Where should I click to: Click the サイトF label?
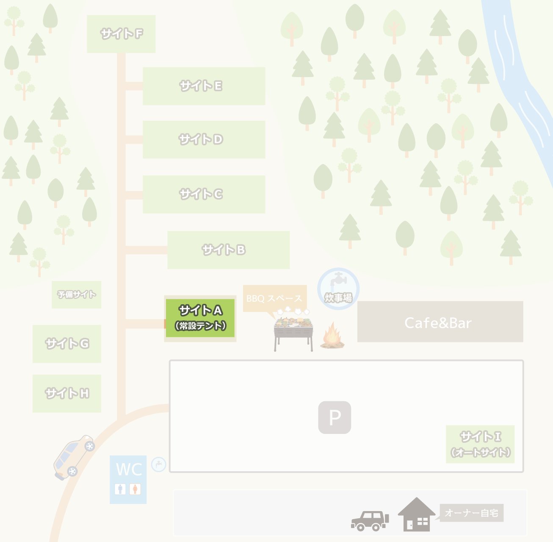[x=122, y=33]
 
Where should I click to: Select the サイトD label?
[x=201, y=139]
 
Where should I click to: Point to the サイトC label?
[x=201, y=194]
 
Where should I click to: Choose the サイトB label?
[x=224, y=250]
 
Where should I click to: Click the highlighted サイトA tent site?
[x=200, y=318]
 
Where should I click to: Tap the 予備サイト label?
[x=77, y=295]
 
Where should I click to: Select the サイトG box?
[x=67, y=344]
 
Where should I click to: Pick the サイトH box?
[x=67, y=393]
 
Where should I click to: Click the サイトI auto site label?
[x=480, y=444]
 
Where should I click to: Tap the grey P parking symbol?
[x=335, y=417]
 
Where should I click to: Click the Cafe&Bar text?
[x=438, y=323]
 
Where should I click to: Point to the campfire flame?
[x=332, y=335]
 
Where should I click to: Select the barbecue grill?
[x=293, y=330]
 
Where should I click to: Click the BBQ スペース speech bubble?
[x=274, y=298]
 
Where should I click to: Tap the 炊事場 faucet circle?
[x=338, y=288]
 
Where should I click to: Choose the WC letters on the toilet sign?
[x=129, y=470]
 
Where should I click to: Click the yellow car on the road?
[x=74, y=457]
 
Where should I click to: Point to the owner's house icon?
[x=416, y=514]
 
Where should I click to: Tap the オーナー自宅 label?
[x=471, y=513]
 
